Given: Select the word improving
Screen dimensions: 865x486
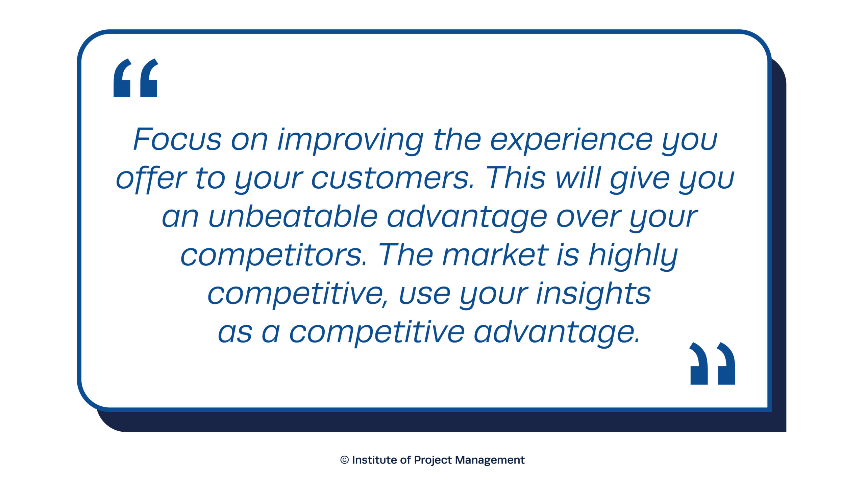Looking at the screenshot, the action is click(350, 140).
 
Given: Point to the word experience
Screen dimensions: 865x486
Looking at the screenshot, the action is click(571, 140).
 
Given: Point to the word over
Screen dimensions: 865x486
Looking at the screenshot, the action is click(589, 218).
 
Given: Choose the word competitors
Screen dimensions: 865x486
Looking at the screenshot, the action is click(274, 256).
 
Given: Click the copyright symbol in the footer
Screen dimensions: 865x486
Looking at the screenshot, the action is click(344, 460).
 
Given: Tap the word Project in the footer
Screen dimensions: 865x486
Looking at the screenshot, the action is click(432, 461).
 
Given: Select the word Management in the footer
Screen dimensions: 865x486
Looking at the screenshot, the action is click(490, 461).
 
